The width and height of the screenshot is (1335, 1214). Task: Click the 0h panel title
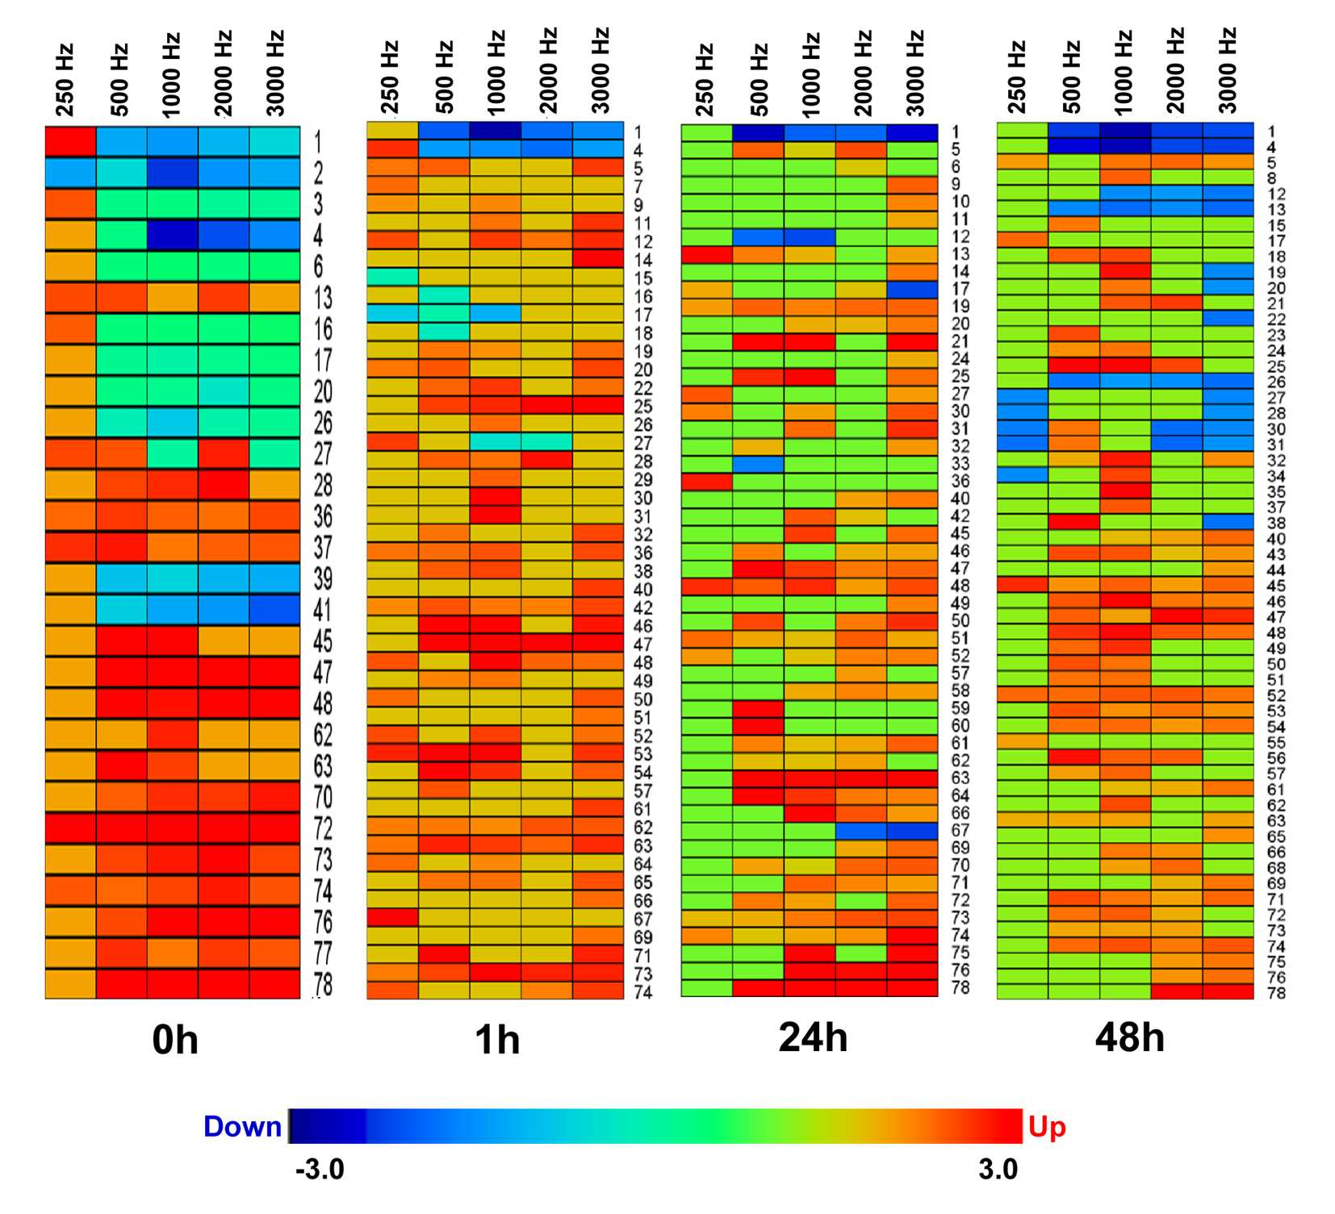[x=175, y=1040]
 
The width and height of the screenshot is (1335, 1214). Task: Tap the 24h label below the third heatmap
[x=813, y=1037]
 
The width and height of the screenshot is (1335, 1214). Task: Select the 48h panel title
[x=1129, y=1037]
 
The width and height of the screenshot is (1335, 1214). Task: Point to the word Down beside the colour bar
[x=242, y=1126]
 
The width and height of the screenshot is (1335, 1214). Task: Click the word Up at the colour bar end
[x=1047, y=1128]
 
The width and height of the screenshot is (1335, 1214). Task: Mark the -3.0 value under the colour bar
[x=320, y=1169]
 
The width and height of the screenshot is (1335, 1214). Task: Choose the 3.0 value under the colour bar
[x=998, y=1169]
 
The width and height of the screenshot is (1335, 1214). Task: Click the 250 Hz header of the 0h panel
[x=65, y=80]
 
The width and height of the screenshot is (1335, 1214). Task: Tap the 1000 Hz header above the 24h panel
[x=811, y=74]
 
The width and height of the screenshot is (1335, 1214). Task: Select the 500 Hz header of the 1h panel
[x=444, y=77]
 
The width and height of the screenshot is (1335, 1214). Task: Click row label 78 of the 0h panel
[x=323, y=984]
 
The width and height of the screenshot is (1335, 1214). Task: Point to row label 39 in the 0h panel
[x=323, y=578]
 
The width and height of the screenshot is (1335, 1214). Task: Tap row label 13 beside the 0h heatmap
[x=323, y=298]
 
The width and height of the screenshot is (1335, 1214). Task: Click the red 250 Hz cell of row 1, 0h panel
[x=70, y=141]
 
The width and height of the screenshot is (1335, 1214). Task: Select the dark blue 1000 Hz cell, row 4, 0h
[x=173, y=235]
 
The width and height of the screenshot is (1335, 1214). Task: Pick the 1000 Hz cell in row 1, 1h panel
[x=496, y=131]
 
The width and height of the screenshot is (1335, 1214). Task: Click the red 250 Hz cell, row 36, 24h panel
[x=707, y=482]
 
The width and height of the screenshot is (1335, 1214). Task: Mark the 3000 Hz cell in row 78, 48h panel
[x=1228, y=991]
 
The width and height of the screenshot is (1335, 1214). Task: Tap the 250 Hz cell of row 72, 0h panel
[x=70, y=828]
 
